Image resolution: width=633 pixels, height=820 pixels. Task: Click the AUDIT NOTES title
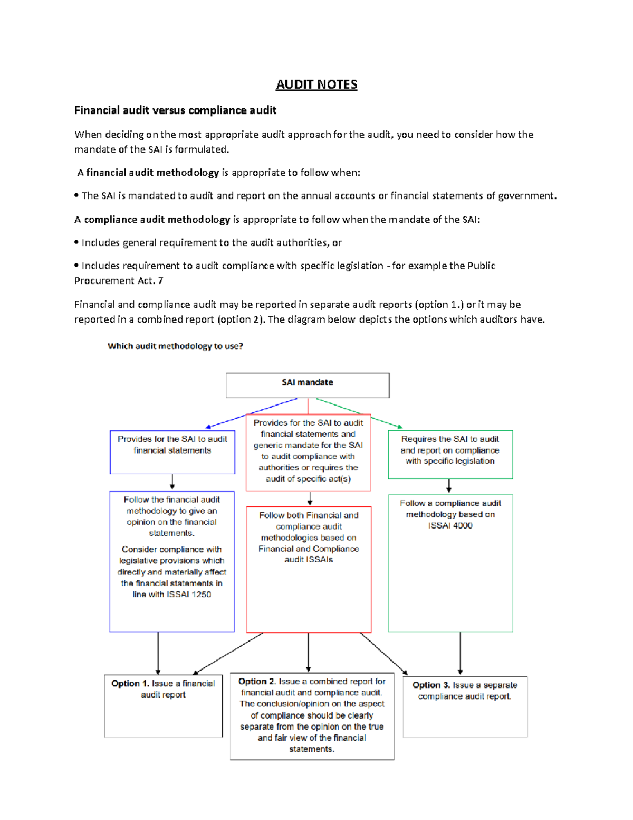(316, 84)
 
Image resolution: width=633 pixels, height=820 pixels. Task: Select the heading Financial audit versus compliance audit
(175, 110)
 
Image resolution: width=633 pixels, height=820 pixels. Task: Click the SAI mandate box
(308, 385)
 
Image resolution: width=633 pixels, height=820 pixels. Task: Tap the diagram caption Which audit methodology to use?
(175, 346)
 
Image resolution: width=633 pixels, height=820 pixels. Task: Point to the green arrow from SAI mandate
(364, 413)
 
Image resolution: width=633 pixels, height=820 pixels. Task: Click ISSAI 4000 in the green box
(450, 525)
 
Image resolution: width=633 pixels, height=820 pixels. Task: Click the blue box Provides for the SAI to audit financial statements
(172, 451)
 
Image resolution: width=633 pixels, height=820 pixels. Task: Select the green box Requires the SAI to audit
(450, 454)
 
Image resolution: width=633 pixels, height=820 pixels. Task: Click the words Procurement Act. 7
(119, 281)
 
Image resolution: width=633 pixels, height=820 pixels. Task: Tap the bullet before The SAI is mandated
(76, 195)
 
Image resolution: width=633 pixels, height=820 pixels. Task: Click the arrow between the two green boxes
(449, 486)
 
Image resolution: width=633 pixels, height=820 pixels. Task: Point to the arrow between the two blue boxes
(172, 482)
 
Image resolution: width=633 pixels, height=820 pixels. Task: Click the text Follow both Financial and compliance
(309, 521)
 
